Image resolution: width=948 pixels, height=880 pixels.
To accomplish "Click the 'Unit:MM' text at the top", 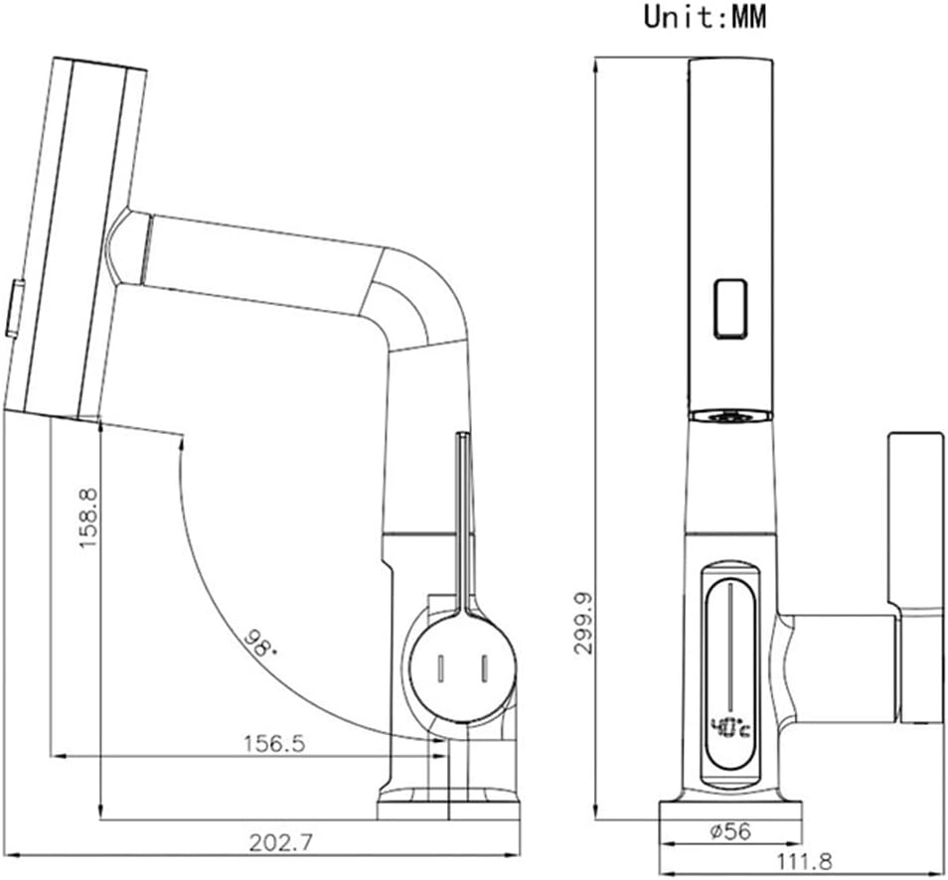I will coord(706,17).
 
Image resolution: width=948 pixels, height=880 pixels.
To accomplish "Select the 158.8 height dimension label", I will coord(90,517).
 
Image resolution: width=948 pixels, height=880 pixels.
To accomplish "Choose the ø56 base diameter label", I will coord(730,832).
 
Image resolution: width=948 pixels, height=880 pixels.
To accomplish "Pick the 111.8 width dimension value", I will coord(803,861).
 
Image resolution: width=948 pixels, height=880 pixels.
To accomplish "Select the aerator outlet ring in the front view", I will coord(730,414).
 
